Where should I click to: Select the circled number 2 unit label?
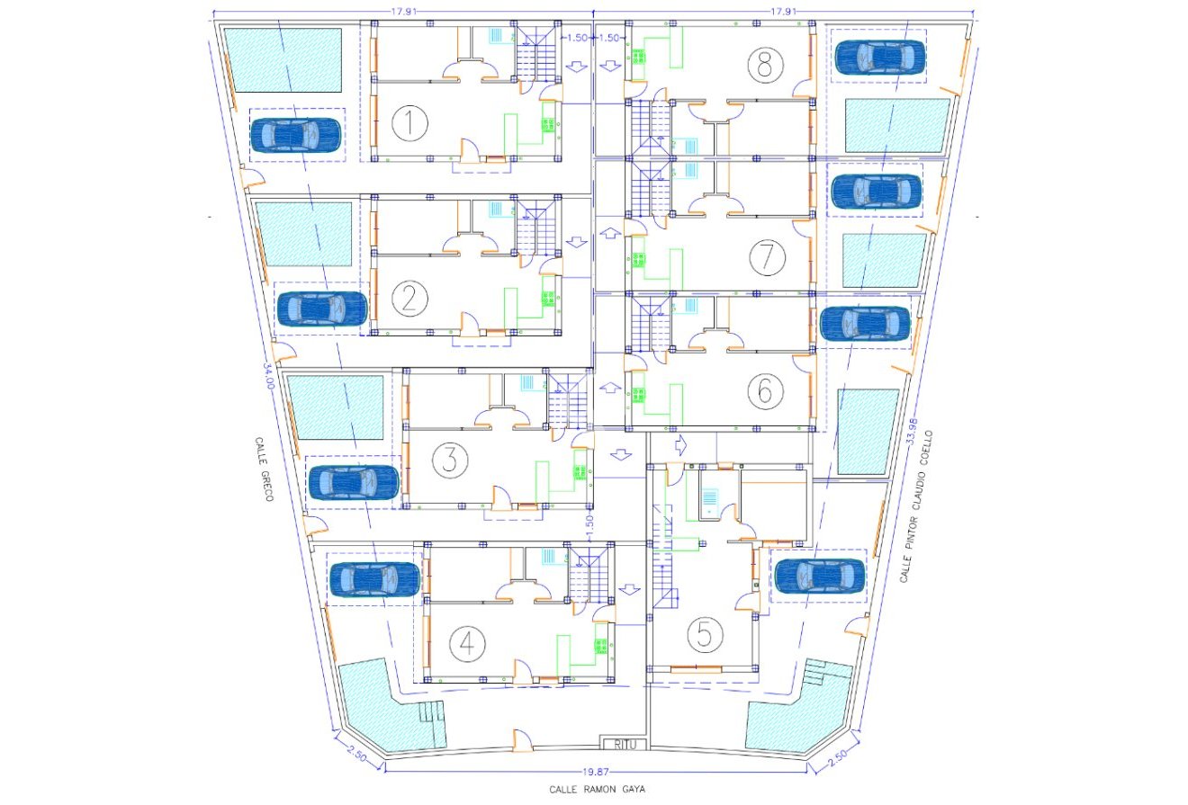coord(409,299)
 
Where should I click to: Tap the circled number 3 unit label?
coord(450,461)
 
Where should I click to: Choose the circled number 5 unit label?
coord(705,635)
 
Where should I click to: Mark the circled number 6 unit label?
coord(764,390)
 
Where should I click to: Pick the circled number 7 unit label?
coord(766,258)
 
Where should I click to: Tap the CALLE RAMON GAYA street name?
coord(598,789)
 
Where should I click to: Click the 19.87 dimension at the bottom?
coord(598,772)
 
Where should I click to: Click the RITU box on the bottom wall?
coord(625,744)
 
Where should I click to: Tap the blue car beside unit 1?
coord(296,135)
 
